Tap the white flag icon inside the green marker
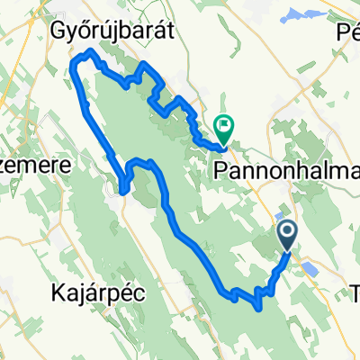coord(222,126)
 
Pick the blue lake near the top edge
coord(296,15)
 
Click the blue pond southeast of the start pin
coord(310,267)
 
